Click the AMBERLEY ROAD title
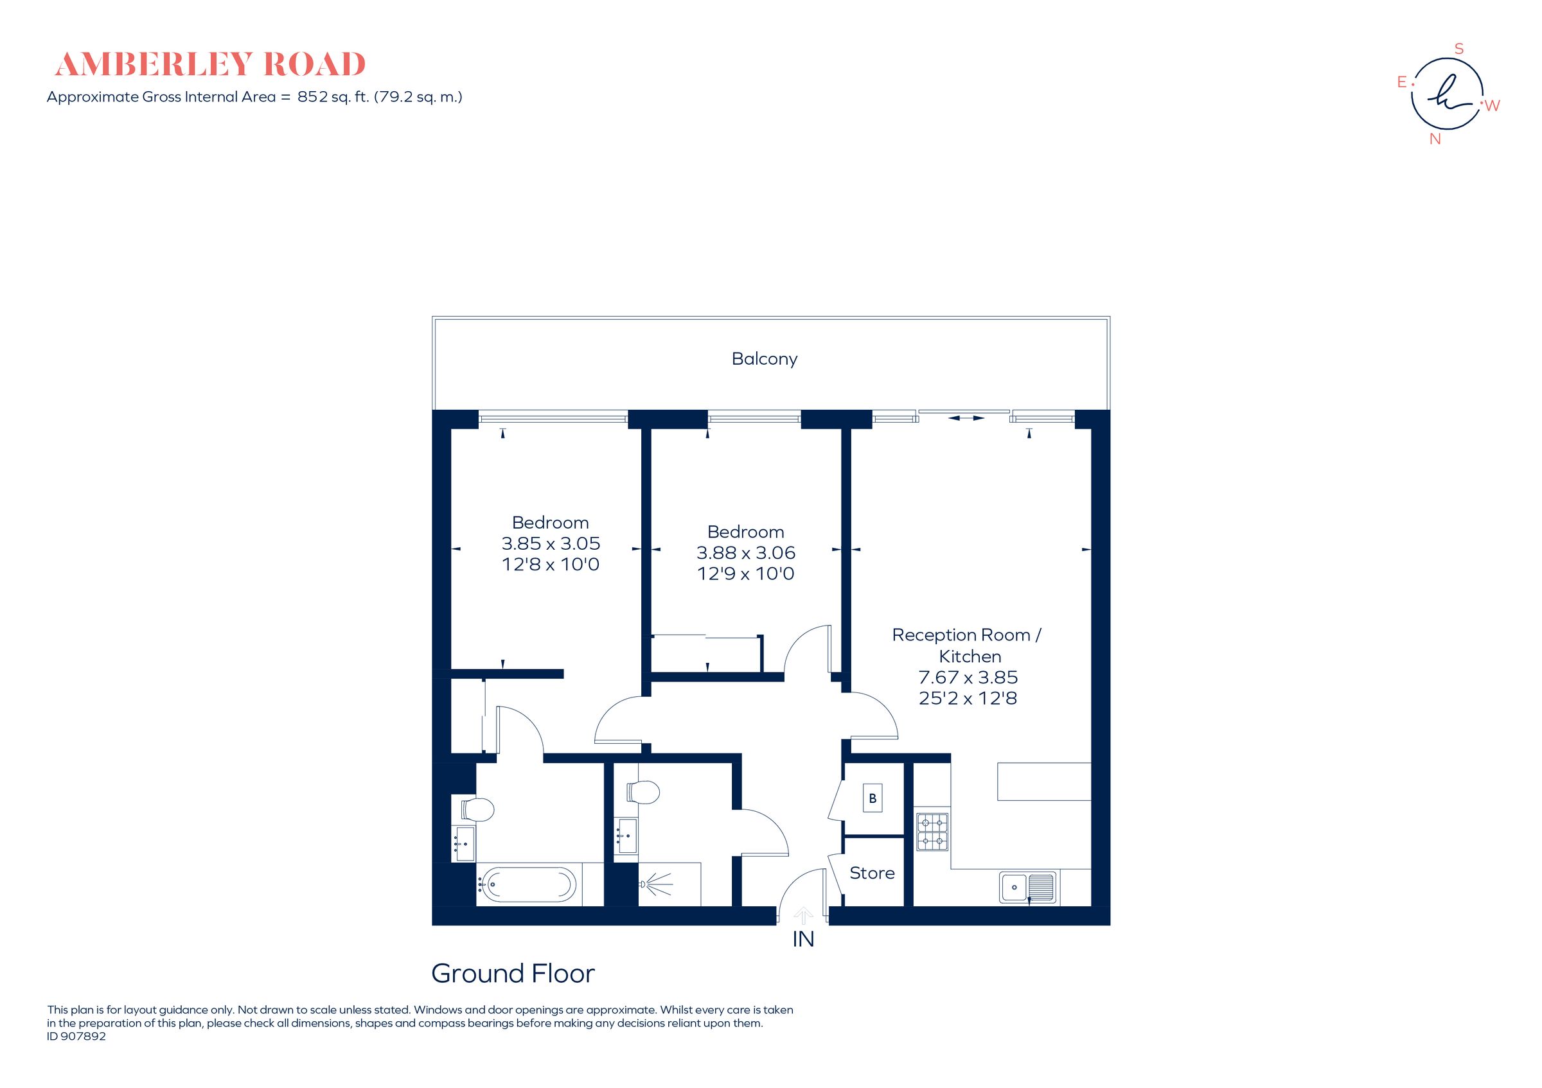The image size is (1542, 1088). (209, 64)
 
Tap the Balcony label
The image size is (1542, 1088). (765, 359)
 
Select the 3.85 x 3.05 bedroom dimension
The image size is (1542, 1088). (550, 543)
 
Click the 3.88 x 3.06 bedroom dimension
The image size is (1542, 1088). (745, 552)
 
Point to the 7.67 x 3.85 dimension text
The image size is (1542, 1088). (968, 677)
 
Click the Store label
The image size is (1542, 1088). (872, 873)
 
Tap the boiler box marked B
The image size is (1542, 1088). (873, 798)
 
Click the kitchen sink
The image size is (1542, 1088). (1027, 888)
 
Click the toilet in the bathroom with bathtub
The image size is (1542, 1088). (477, 809)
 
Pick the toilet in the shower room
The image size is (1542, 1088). (642, 792)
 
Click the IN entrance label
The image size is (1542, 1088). (803, 939)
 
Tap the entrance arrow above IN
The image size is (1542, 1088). (803, 915)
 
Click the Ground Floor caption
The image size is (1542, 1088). (513, 973)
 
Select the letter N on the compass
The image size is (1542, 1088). (1435, 139)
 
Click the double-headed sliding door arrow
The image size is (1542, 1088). (966, 418)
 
